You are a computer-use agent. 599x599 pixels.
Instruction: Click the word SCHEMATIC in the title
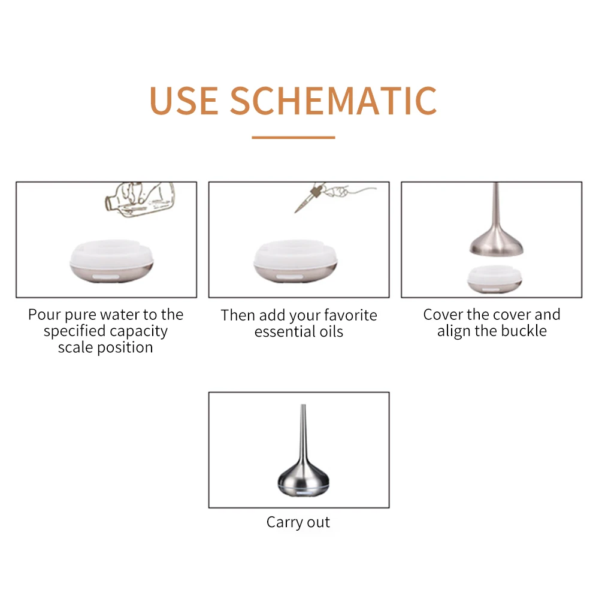pos(334,101)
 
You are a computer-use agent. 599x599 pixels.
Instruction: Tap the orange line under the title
pos(293,137)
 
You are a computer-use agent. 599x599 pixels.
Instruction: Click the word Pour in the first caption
pos(44,315)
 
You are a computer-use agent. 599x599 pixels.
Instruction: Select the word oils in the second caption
pos(331,331)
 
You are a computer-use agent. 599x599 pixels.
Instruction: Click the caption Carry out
pos(298,522)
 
